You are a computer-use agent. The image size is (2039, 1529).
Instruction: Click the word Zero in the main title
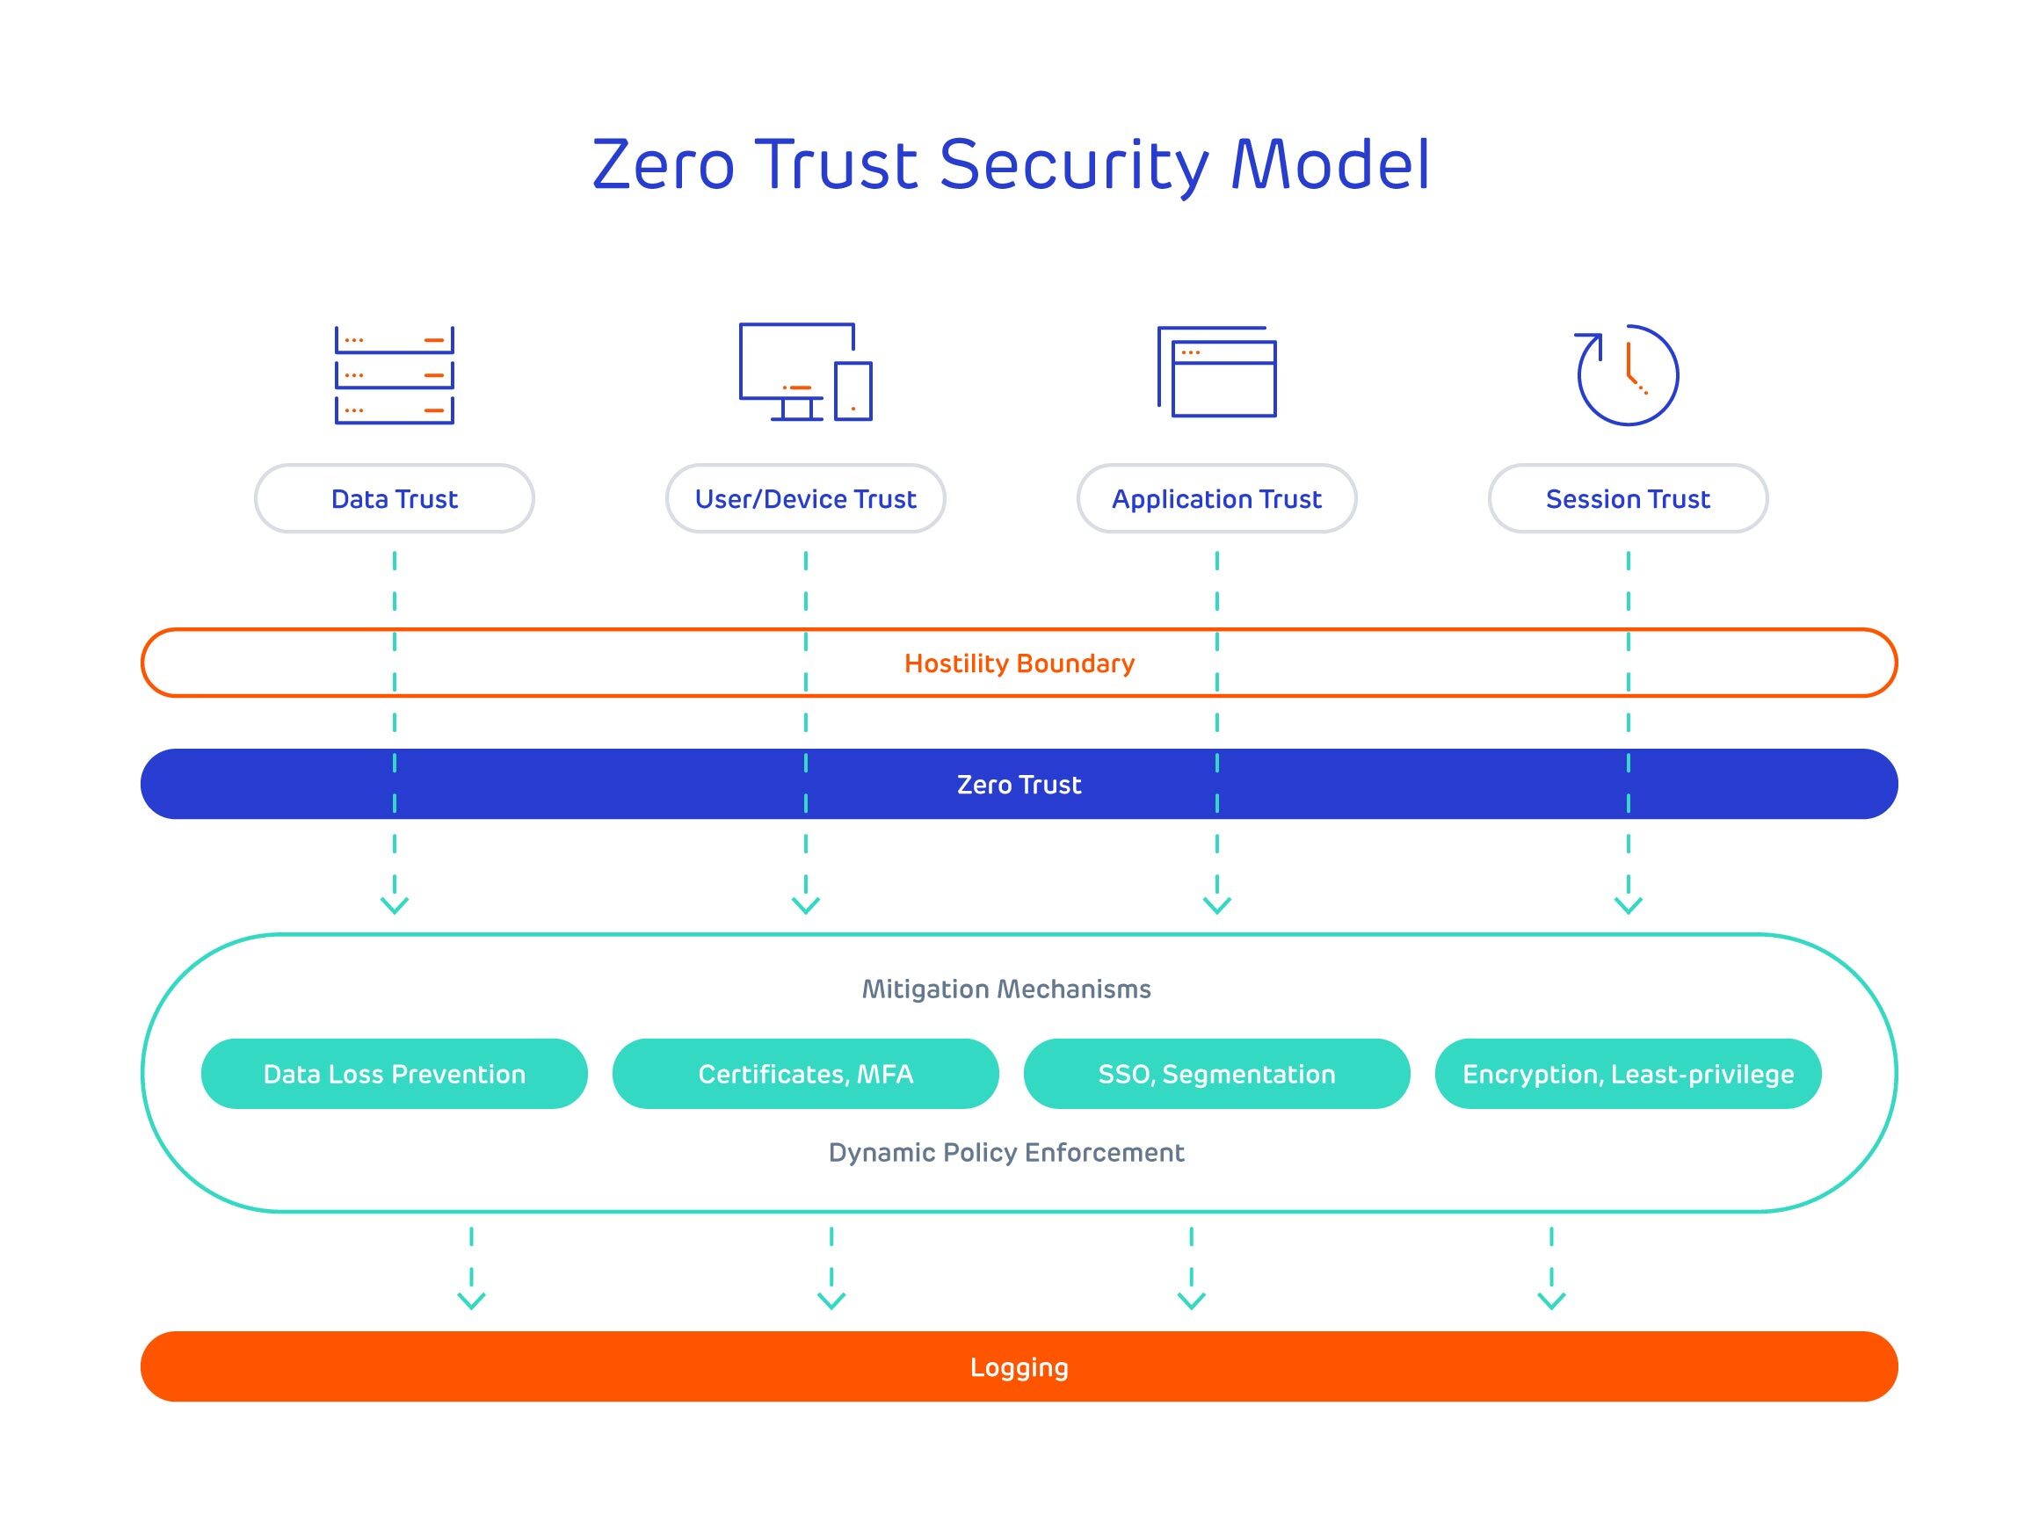663,166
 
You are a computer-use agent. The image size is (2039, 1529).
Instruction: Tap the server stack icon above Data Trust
395,375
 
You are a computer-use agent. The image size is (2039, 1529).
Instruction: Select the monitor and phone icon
805,373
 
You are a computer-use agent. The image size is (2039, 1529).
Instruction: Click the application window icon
1216,373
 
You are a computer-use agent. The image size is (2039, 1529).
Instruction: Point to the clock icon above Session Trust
1628,374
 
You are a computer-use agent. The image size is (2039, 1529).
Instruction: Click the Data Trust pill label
395,498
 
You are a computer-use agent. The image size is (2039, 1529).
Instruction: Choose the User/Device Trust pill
806,498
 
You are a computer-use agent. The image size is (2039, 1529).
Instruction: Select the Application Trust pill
1216,498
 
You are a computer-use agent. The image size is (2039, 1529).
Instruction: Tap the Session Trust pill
1628,498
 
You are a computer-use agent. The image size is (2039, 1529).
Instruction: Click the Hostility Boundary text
1019,663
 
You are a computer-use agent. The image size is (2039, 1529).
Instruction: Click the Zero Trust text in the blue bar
1019,785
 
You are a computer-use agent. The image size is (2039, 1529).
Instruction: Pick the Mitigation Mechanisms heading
1005,989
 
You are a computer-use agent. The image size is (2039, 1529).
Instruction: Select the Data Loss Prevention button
395,1074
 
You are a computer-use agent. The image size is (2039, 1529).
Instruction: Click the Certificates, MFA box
806,1074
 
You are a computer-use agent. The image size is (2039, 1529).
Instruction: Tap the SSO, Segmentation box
1216,1074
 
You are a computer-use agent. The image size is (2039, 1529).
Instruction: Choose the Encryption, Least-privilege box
1628,1074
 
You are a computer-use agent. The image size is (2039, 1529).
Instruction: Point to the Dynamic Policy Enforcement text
1005,1152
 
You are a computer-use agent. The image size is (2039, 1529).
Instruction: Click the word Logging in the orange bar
1019,1366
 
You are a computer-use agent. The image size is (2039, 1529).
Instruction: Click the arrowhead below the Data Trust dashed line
395,906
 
